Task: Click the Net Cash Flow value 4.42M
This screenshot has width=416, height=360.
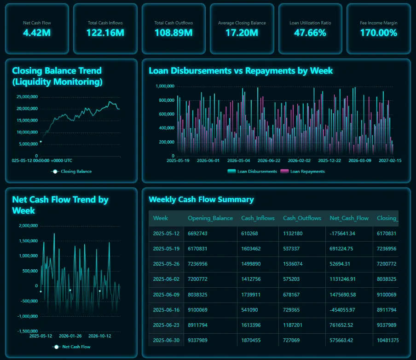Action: pyautogui.click(x=37, y=33)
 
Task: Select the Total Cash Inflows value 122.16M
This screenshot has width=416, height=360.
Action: pyautogui.click(x=105, y=33)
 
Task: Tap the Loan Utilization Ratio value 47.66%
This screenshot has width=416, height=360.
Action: pyautogui.click(x=310, y=33)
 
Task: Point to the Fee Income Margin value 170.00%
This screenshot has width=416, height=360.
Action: pyautogui.click(x=378, y=33)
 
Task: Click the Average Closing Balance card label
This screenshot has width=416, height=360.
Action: pyautogui.click(x=242, y=23)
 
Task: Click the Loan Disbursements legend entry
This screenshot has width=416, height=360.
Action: pyautogui.click(x=252, y=171)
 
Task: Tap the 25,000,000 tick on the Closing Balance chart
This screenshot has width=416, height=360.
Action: pyautogui.click(x=27, y=97)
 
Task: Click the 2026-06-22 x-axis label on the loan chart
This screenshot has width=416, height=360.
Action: pyautogui.click(x=269, y=161)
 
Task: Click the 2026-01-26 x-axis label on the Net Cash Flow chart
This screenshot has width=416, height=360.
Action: pyautogui.click(x=70, y=336)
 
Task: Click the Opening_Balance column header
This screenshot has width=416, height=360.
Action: pyautogui.click(x=210, y=218)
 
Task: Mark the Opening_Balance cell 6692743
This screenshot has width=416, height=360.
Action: pyautogui.click(x=198, y=233)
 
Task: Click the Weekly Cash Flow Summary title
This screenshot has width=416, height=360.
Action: pyautogui.click(x=201, y=199)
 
